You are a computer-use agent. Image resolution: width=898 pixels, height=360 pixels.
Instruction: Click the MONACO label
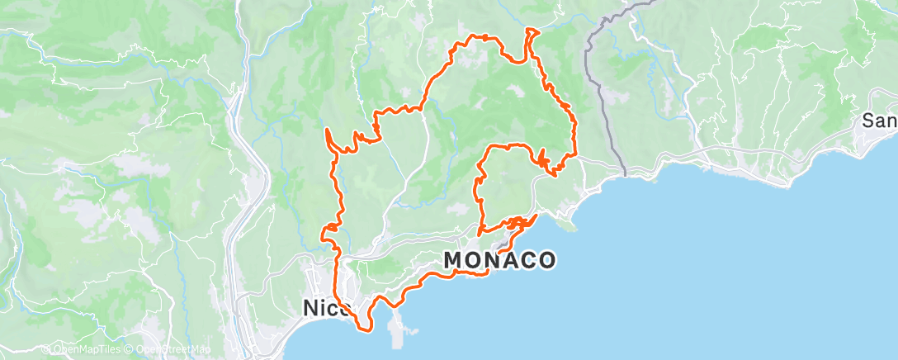(499, 260)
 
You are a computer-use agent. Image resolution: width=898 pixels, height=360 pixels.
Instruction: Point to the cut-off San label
(880, 121)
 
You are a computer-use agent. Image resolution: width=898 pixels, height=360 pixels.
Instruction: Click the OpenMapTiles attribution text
(87, 349)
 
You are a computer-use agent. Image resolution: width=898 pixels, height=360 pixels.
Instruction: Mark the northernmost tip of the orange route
(529, 30)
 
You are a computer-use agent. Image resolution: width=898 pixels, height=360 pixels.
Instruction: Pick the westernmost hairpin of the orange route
(328, 131)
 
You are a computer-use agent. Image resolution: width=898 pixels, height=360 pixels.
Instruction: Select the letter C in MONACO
(526, 260)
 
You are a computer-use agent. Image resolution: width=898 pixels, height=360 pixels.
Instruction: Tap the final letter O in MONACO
(546, 260)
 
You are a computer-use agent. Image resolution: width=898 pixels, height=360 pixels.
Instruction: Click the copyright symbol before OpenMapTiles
(46, 349)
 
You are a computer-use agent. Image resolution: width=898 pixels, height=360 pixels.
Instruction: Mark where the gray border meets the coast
(625, 175)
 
